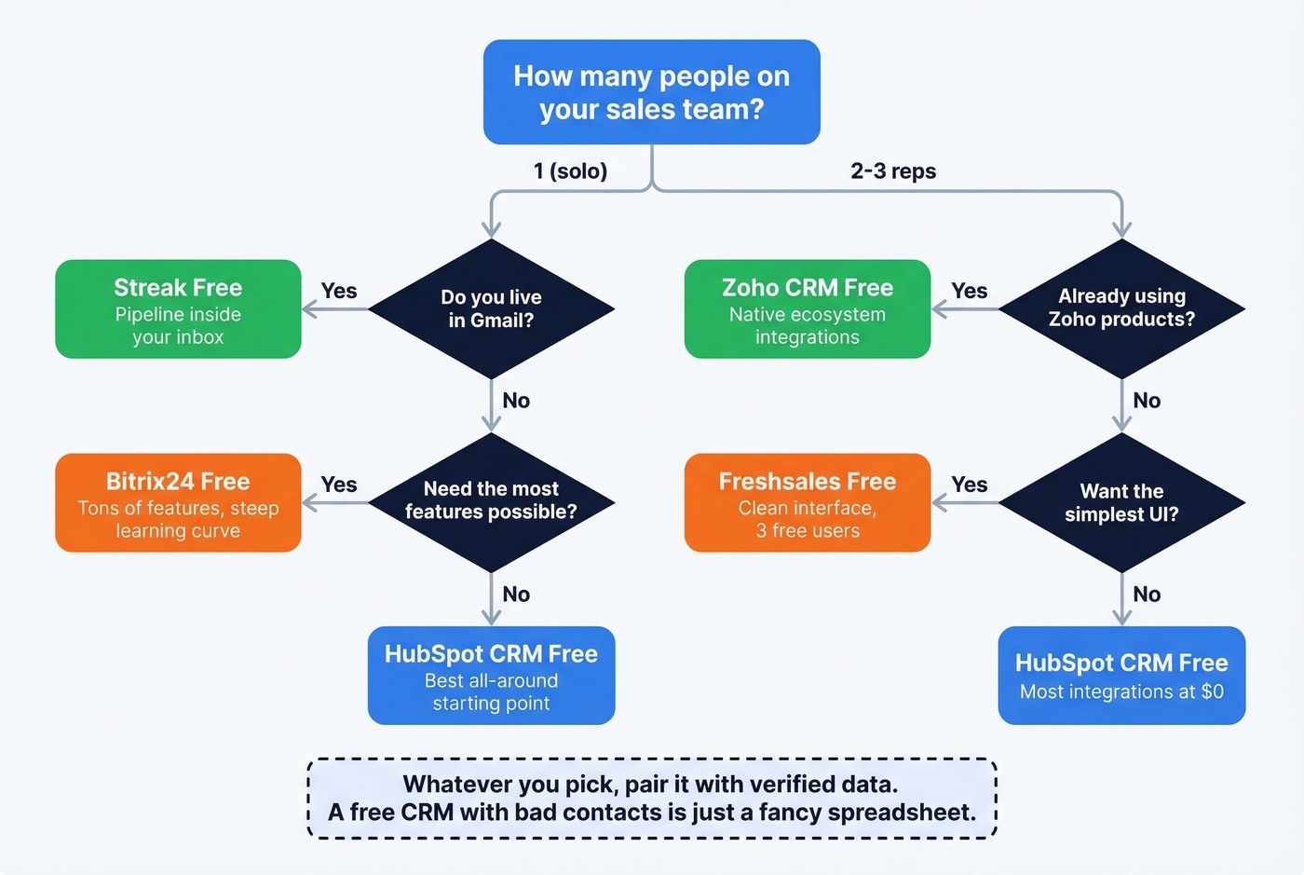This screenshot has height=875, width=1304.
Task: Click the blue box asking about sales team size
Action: (651, 92)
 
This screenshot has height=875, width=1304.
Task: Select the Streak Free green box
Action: (178, 309)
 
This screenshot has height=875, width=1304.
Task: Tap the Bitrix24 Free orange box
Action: (178, 503)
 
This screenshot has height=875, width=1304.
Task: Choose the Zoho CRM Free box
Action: (807, 309)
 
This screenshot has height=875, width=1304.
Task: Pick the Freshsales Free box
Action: (807, 503)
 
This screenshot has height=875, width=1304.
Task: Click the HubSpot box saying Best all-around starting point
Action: (491, 676)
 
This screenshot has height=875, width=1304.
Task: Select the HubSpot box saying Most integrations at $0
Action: (1121, 676)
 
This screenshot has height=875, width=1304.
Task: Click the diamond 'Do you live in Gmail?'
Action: (491, 308)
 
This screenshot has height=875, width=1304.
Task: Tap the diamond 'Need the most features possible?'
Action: (491, 501)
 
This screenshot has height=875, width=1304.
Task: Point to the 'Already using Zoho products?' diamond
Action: (1121, 308)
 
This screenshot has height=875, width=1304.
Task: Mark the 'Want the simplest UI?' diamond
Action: (1121, 502)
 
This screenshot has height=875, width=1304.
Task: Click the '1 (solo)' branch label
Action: (570, 171)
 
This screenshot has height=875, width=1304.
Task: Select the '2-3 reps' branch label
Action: (893, 171)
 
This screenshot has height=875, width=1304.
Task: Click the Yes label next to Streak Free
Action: (339, 291)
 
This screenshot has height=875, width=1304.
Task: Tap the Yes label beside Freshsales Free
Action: (969, 485)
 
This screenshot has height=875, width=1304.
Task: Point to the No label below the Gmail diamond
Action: (516, 401)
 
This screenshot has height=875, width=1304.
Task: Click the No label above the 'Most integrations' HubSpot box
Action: (1147, 595)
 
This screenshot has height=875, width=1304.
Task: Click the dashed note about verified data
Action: (651, 799)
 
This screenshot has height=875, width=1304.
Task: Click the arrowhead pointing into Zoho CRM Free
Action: (939, 309)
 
